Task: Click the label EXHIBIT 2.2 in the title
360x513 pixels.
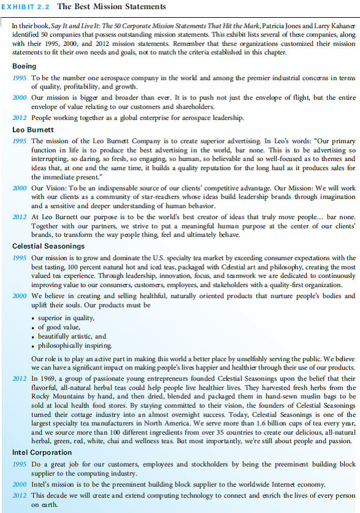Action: pos(26,7)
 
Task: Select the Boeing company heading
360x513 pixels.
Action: pos(24,66)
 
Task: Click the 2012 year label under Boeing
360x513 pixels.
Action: pos(20,118)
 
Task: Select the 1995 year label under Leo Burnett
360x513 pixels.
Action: pos(20,141)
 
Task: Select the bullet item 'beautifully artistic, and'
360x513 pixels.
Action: pos(72,336)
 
